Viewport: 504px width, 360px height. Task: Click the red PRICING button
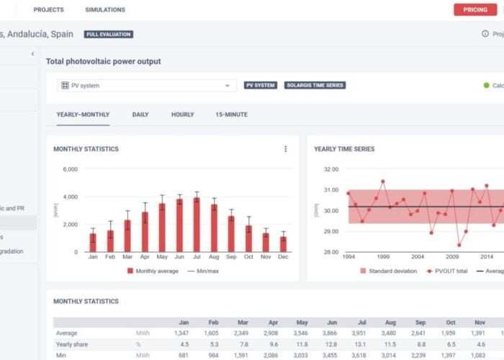[x=475, y=9]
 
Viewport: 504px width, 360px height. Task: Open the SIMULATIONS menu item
[x=105, y=10]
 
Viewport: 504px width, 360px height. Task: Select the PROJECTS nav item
[x=49, y=10]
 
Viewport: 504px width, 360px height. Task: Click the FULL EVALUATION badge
[x=108, y=34]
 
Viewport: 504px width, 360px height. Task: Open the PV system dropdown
[x=147, y=86]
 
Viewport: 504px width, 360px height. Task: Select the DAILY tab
[x=140, y=114]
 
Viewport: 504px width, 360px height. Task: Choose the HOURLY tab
[x=182, y=114]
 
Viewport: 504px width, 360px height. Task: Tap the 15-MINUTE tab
[x=231, y=114]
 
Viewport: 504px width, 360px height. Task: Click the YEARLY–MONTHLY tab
[x=83, y=114]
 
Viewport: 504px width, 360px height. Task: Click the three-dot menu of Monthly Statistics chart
[x=285, y=149]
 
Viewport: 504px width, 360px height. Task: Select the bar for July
[x=197, y=225]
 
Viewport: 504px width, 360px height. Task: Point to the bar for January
[x=93, y=243]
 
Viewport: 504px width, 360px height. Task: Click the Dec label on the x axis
[x=283, y=257]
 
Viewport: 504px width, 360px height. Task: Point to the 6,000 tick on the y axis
[x=70, y=169]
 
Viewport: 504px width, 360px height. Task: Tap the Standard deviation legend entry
[x=390, y=271]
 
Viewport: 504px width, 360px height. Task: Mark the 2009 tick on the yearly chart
[x=452, y=256]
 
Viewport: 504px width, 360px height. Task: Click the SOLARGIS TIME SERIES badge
[x=315, y=85]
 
